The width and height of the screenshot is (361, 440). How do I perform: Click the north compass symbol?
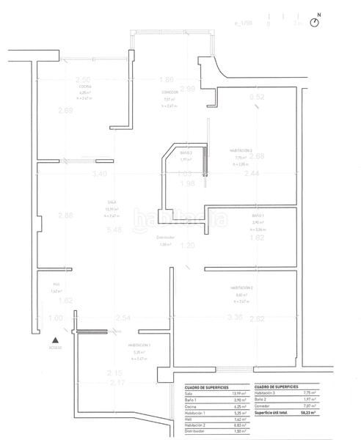click(316, 23)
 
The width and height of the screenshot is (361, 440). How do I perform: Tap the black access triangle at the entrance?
click(56, 339)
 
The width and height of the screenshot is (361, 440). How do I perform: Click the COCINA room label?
click(86, 87)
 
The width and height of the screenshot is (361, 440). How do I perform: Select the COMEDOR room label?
click(170, 92)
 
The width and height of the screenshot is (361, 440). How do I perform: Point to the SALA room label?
click(112, 202)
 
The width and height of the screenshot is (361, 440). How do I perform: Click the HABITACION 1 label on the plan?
click(139, 345)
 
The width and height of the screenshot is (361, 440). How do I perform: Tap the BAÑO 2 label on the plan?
click(186, 153)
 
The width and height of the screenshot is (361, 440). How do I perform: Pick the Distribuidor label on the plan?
click(166, 237)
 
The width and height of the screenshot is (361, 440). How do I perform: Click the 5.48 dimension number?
click(113, 230)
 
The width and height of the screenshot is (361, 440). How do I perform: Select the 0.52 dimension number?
click(257, 97)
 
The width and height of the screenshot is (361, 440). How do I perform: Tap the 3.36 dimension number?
click(236, 318)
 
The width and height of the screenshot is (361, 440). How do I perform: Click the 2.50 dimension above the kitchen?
click(83, 79)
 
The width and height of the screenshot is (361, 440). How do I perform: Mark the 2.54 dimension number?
click(123, 318)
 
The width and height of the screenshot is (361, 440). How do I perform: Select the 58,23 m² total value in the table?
click(308, 414)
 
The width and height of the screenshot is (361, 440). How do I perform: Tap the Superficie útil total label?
click(273, 414)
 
